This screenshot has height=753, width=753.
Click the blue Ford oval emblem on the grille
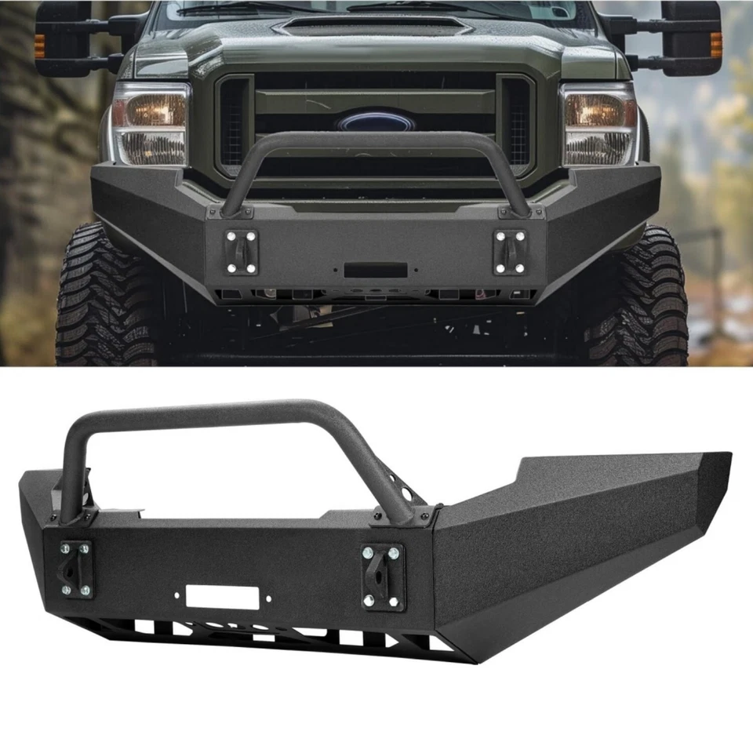point(376,122)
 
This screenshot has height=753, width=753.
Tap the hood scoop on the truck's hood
point(373,26)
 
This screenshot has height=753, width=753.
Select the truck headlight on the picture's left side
point(150,125)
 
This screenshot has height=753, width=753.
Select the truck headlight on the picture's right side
point(598,125)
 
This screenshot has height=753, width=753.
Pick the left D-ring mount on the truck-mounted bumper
point(241,253)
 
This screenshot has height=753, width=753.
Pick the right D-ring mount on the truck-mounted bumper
point(509,253)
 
